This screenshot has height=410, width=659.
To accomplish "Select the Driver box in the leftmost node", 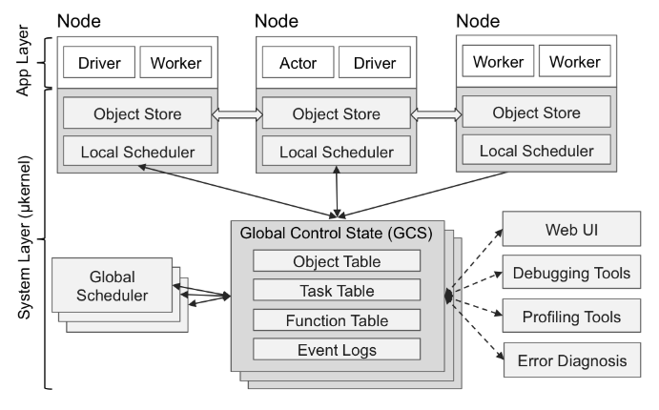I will [97, 63].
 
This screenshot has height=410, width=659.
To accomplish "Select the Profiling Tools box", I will [571, 316].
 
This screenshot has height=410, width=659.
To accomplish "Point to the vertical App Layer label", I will [24, 59].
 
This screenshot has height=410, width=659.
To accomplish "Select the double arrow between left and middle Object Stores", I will [236, 113].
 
